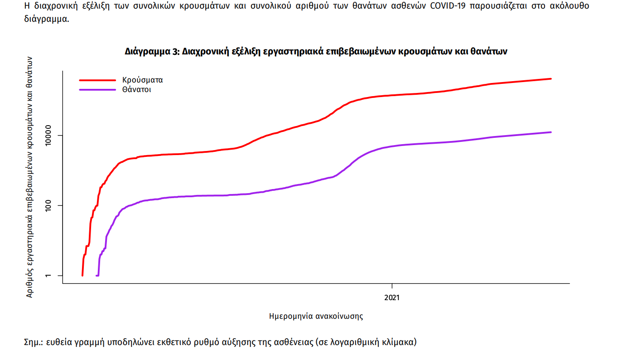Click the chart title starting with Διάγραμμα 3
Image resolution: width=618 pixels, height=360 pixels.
tap(316, 52)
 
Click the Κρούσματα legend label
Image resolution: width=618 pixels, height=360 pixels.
tap(142, 80)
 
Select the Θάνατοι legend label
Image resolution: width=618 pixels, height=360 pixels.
tap(136, 90)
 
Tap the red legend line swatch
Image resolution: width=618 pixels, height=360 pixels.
tap(97, 80)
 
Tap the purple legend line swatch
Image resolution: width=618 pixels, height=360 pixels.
tap(97, 90)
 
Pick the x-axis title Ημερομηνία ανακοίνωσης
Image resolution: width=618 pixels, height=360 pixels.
tap(316, 316)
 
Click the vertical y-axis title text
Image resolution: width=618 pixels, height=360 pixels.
tap(30, 177)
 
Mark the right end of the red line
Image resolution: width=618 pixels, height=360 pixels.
tap(551, 79)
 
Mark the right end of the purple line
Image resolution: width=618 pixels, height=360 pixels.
tap(551, 132)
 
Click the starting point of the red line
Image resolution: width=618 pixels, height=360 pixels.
tap(82, 275)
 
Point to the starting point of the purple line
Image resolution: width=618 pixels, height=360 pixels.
tap(97, 275)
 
